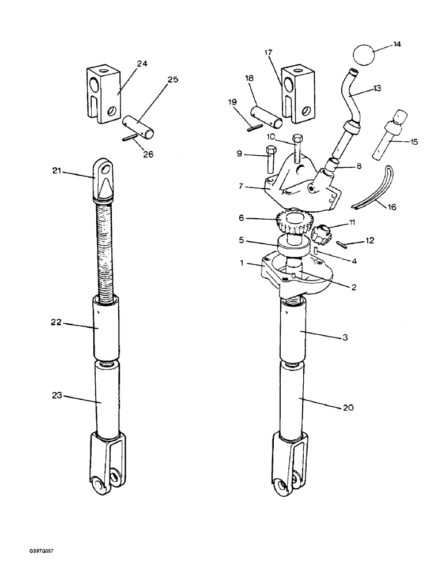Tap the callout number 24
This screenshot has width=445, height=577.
tap(141, 64)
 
